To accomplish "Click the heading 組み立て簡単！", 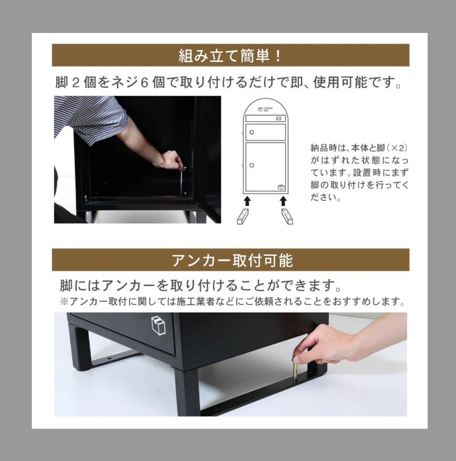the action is click(x=230, y=55).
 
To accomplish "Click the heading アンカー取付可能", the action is click(x=232, y=260).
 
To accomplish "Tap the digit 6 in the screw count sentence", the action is click(x=144, y=83).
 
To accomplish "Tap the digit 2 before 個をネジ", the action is click(x=75, y=83).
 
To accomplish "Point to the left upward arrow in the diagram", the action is click(x=247, y=201).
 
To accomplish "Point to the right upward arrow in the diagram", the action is click(x=283, y=201).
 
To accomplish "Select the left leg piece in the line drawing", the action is click(x=243, y=217).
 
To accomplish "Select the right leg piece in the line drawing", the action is click(x=287, y=217).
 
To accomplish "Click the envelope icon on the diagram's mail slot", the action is click(x=279, y=119).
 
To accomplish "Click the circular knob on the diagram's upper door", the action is click(x=252, y=132).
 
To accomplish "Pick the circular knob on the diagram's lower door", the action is click(x=252, y=165).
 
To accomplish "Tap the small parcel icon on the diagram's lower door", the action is click(x=281, y=187).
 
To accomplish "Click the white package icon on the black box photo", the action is click(x=158, y=326).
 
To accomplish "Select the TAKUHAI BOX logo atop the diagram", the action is click(x=263, y=109).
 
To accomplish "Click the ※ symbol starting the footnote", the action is click(x=64, y=302).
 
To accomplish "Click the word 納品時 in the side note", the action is click(x=324, y=148).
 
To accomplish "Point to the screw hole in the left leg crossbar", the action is click(x=109, y=359).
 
